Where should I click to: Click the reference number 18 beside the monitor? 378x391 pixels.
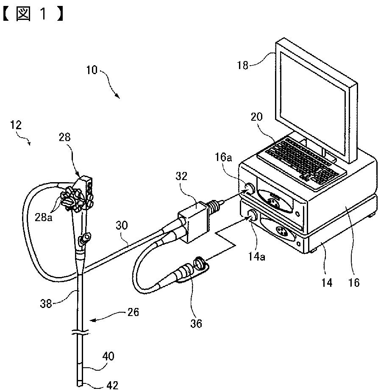pyautogui.click(x=242, y=65)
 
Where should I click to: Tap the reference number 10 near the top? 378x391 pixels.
pyautogui.click(x=92, y=70)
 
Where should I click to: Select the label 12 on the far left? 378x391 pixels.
pyautogui.click(x=16, y=125)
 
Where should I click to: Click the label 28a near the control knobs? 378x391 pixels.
pyautogui.click(x=43, y=218)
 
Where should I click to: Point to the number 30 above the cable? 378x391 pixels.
pyautogui.click(x=122, y=225)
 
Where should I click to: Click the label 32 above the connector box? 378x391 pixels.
pyautogui.click(x=181, y=176)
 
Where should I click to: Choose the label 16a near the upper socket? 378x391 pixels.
pyautogui.click(x=223, y=157)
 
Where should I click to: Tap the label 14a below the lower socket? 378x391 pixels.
pyautogui.click(x=256, y=257)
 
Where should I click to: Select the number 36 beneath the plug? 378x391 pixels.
pyautogui.click(x=196, y=323)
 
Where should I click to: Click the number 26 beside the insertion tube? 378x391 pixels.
pyautogui.click(x=133, y=312)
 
